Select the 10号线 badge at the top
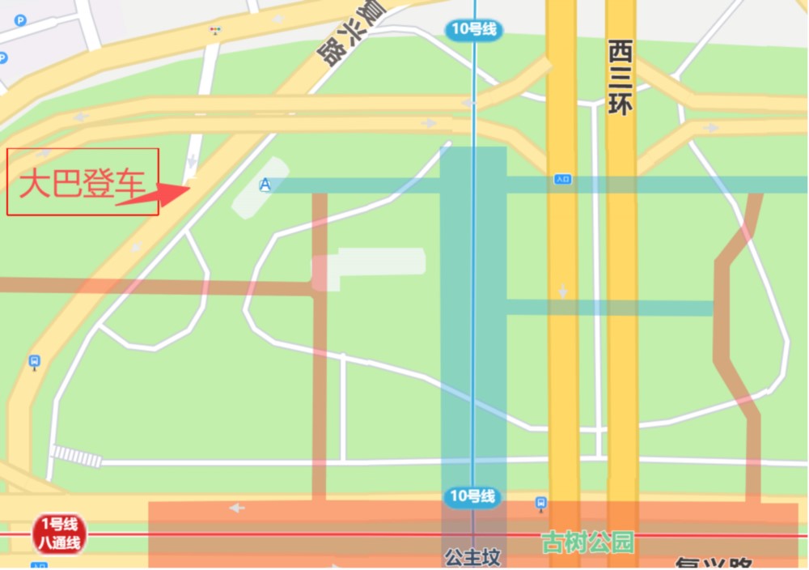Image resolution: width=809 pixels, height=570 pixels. point(474,31)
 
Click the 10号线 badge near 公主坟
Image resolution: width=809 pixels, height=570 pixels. point(474,496)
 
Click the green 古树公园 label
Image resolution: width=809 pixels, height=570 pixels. point(587,542)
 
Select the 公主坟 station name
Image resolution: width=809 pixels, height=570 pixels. point(472,557)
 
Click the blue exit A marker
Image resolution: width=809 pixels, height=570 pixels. point(265,185)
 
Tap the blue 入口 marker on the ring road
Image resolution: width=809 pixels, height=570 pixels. point(562,179)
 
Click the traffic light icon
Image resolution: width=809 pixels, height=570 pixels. point(215,30)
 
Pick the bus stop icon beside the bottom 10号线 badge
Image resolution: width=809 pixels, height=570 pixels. point(541,504)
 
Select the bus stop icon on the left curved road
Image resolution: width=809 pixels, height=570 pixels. point(34,361)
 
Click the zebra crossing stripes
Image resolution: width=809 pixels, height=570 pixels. point(77,456)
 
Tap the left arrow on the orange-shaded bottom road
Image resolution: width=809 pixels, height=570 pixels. point(236,508)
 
